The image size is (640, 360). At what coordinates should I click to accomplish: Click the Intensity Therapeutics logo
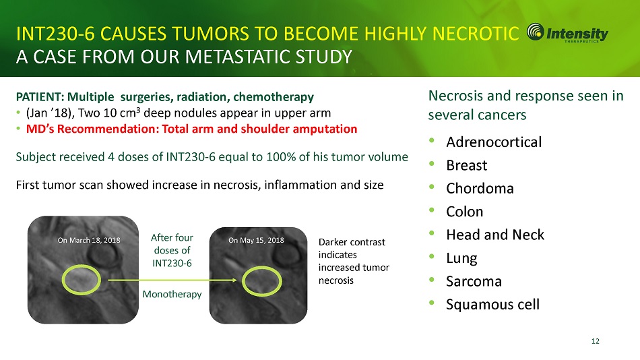[567, 32]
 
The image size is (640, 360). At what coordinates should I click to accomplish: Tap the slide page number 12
[596, 341]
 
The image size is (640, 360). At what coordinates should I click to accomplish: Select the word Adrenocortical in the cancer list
[494, 142]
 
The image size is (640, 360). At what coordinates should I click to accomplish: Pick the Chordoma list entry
[480, 188]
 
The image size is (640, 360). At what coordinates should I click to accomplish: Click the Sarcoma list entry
[474, 281]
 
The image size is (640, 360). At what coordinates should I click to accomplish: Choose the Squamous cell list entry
[492, 305]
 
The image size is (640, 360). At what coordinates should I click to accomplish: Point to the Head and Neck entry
[495, 235]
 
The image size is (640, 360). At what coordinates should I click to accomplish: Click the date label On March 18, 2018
[89, 240]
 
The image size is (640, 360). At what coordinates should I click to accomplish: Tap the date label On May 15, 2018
[256, 240]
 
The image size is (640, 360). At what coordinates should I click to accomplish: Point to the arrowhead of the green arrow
[236, 280]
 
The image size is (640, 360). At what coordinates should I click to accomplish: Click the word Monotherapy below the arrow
[172, 294]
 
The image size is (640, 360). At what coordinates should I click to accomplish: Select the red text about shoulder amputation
[191, 129]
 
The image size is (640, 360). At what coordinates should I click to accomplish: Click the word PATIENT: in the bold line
[40, 97]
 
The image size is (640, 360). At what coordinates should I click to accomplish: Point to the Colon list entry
[464, 212]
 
